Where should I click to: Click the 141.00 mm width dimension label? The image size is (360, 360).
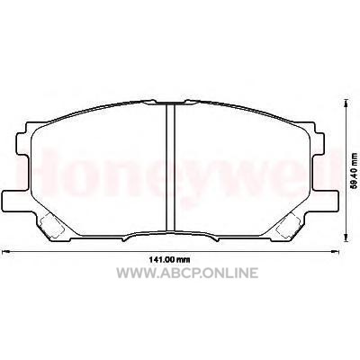click(x=169, y=260)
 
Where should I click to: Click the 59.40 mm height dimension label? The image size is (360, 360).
click(x=355, y=170)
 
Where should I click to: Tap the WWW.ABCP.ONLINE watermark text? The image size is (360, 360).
click(x=187, y=273)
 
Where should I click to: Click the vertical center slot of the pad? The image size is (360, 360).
click(x=170, y=167)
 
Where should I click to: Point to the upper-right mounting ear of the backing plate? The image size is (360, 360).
click(x=319, y=144)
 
